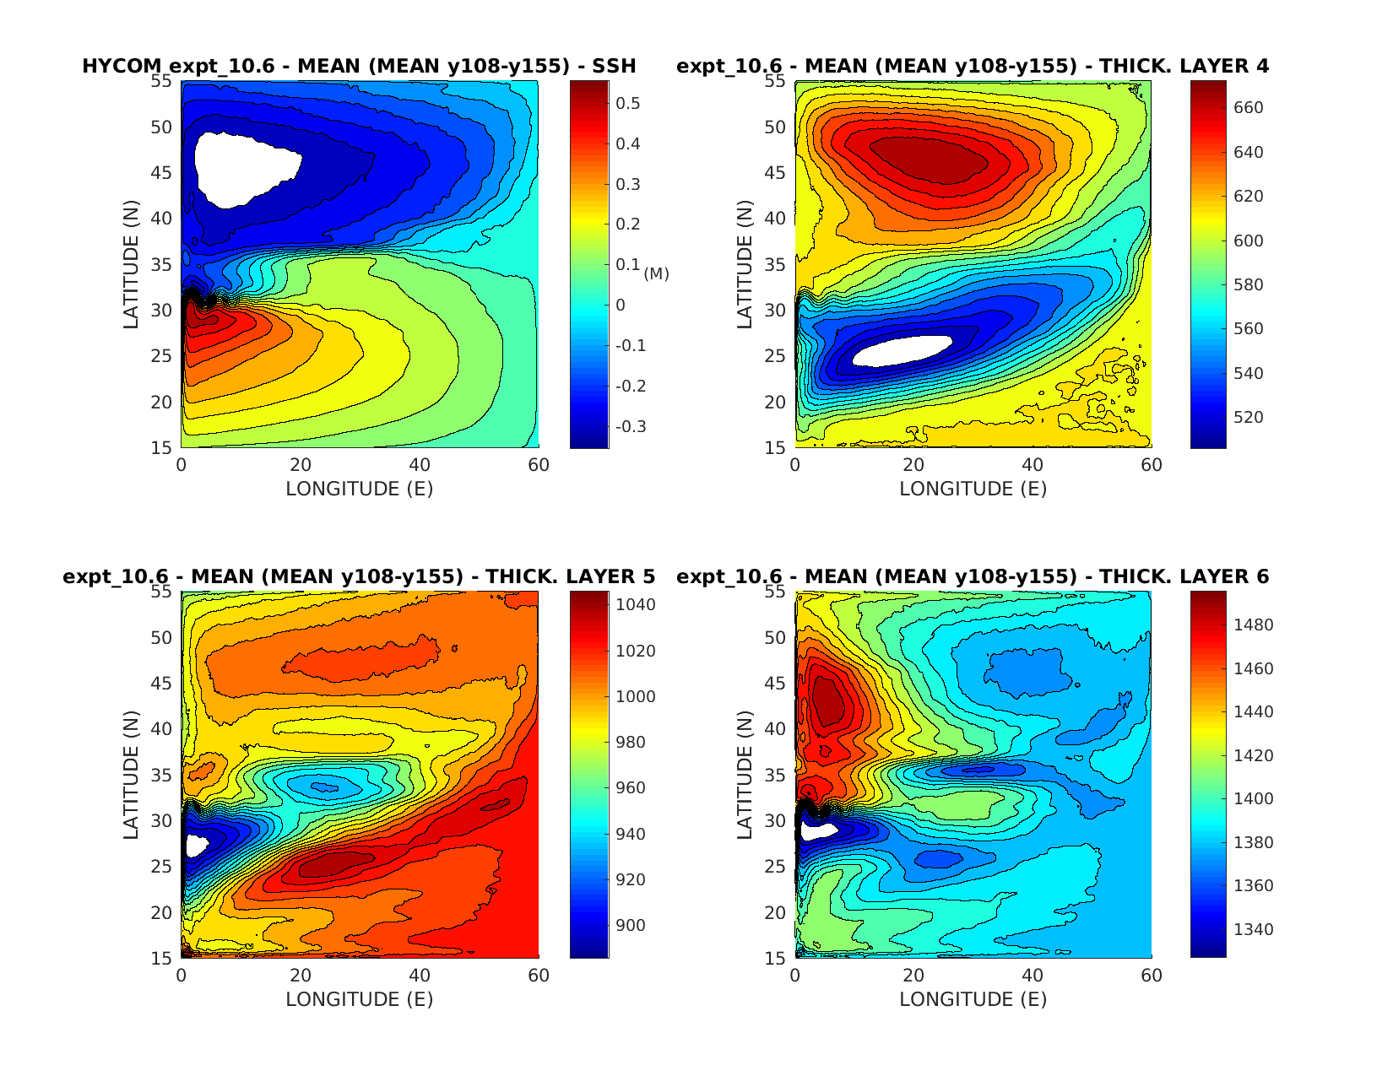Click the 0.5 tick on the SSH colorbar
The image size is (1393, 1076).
coord(628,104)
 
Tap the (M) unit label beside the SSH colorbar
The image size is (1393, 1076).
coord(656,273)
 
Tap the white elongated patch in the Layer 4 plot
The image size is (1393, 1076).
coord(902,351)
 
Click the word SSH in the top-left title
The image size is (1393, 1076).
coord(614,67)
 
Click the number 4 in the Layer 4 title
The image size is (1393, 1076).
coord(1261,67)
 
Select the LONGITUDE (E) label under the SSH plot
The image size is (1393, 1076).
coord(359,489)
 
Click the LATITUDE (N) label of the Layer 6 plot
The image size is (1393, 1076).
coord(745,775)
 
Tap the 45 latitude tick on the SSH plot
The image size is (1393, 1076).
coord(161,173)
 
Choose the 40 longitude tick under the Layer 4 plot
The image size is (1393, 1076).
coord(1033,465)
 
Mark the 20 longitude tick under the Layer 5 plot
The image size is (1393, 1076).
coord(301,976)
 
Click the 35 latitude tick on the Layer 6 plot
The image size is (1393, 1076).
coord(775,776)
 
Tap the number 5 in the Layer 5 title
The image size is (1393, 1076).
coord(648,577)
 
